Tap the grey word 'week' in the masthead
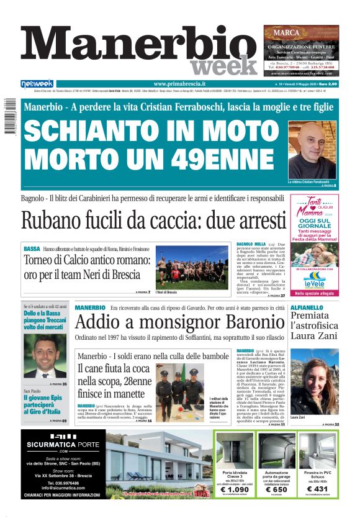[223, 66]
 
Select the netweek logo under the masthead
[37, 84]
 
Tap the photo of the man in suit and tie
[45, 357]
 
